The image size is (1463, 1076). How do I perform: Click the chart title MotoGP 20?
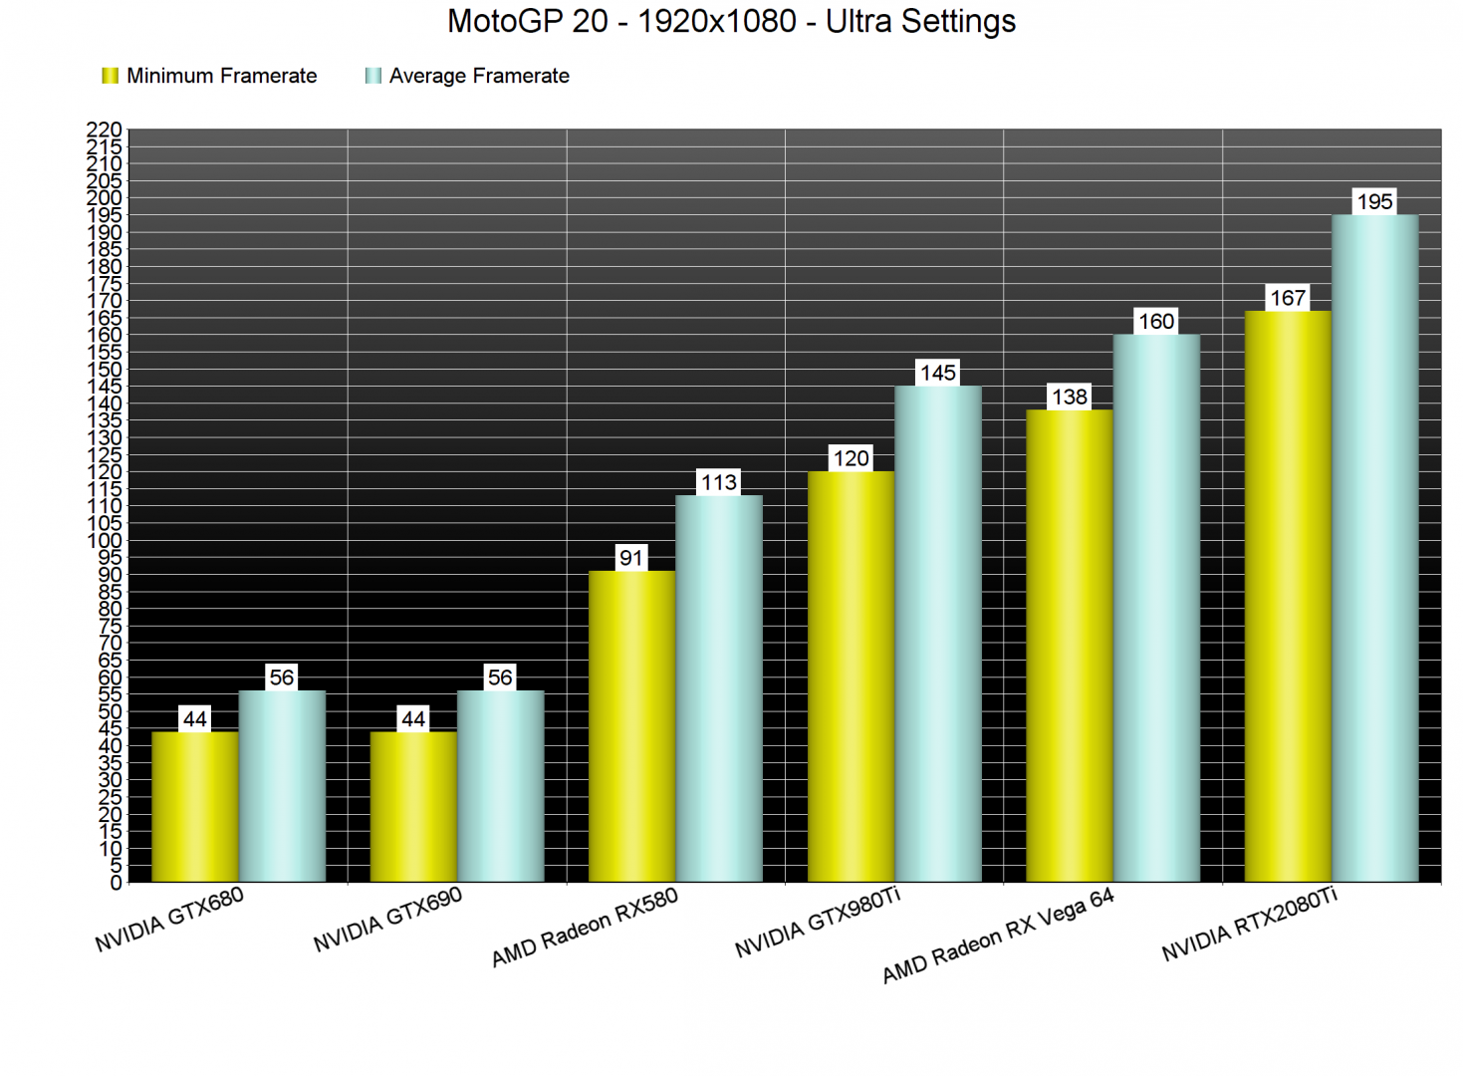pyautogui.click(x=731, y=22)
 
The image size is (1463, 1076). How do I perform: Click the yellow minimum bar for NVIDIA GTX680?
pyautogui.click(x=195, y=807)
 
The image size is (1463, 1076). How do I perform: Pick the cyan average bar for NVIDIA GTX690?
pyautogui.click(x=500, y=787)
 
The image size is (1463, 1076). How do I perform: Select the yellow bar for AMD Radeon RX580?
pyautogui.click(x=631, y=727)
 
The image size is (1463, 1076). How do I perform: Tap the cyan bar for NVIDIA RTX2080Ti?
pyautogui.click(x=1374, y=548)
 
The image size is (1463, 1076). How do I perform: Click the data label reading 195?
pyautogui.click(x=1374, y=202)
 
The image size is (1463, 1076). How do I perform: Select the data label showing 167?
pyautogui.click(x=1288, y=298)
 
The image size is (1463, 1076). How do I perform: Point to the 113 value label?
pyautogui.click(x=719, y=483)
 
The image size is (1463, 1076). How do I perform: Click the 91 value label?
pyautogui.click(x=631, y=558)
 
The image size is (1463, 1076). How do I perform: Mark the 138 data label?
pyautogui.click(x=1069, y=397)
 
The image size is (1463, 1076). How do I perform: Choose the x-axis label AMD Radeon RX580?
pyautogui.click(x=585, y=928)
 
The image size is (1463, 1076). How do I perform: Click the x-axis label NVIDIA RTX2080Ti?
pyautogui.click(x=1249, y=926)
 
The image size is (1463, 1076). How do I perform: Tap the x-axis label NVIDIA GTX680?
pyautogui.click(x=169, y=920)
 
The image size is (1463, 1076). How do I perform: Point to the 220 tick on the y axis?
pyautogui.click(x=105, y=131)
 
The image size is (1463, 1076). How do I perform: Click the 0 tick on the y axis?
pyautogui.click(x=117, y=883)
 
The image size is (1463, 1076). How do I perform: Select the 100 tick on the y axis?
pyautogui.click(x=105, y=541)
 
